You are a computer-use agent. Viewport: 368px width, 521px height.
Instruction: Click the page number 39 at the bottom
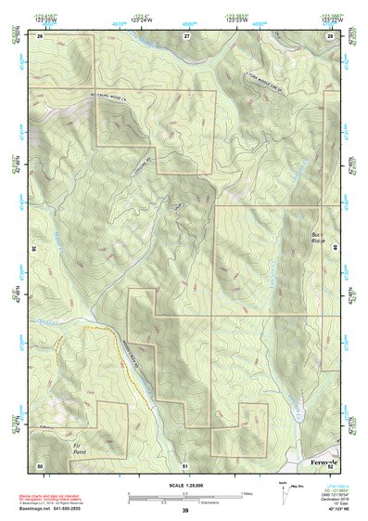pos(185,511)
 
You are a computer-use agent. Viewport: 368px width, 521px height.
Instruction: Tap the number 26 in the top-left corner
pos(40,35)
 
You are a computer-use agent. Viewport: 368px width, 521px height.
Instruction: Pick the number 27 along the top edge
pos(186,35)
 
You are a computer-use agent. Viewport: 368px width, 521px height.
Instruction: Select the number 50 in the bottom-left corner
pos(40,464)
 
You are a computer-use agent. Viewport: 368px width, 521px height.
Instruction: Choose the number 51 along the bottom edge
pos(185,464)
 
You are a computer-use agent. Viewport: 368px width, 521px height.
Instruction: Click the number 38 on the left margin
pos(34,249)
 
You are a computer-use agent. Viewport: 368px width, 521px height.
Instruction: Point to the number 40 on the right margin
pos(336,249)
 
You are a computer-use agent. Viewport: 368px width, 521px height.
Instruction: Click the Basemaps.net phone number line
pos(52,511)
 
